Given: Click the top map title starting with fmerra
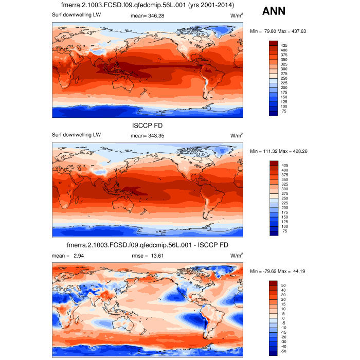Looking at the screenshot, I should (x=148, y=5).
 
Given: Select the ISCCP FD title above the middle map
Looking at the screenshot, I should (x=148, y=124).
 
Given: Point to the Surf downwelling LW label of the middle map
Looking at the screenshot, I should (x=77, y=135).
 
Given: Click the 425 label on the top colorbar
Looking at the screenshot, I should (x=284, y=45).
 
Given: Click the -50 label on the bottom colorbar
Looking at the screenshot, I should (x=284, y=352).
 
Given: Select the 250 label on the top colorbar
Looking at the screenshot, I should (x=284, y=78).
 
